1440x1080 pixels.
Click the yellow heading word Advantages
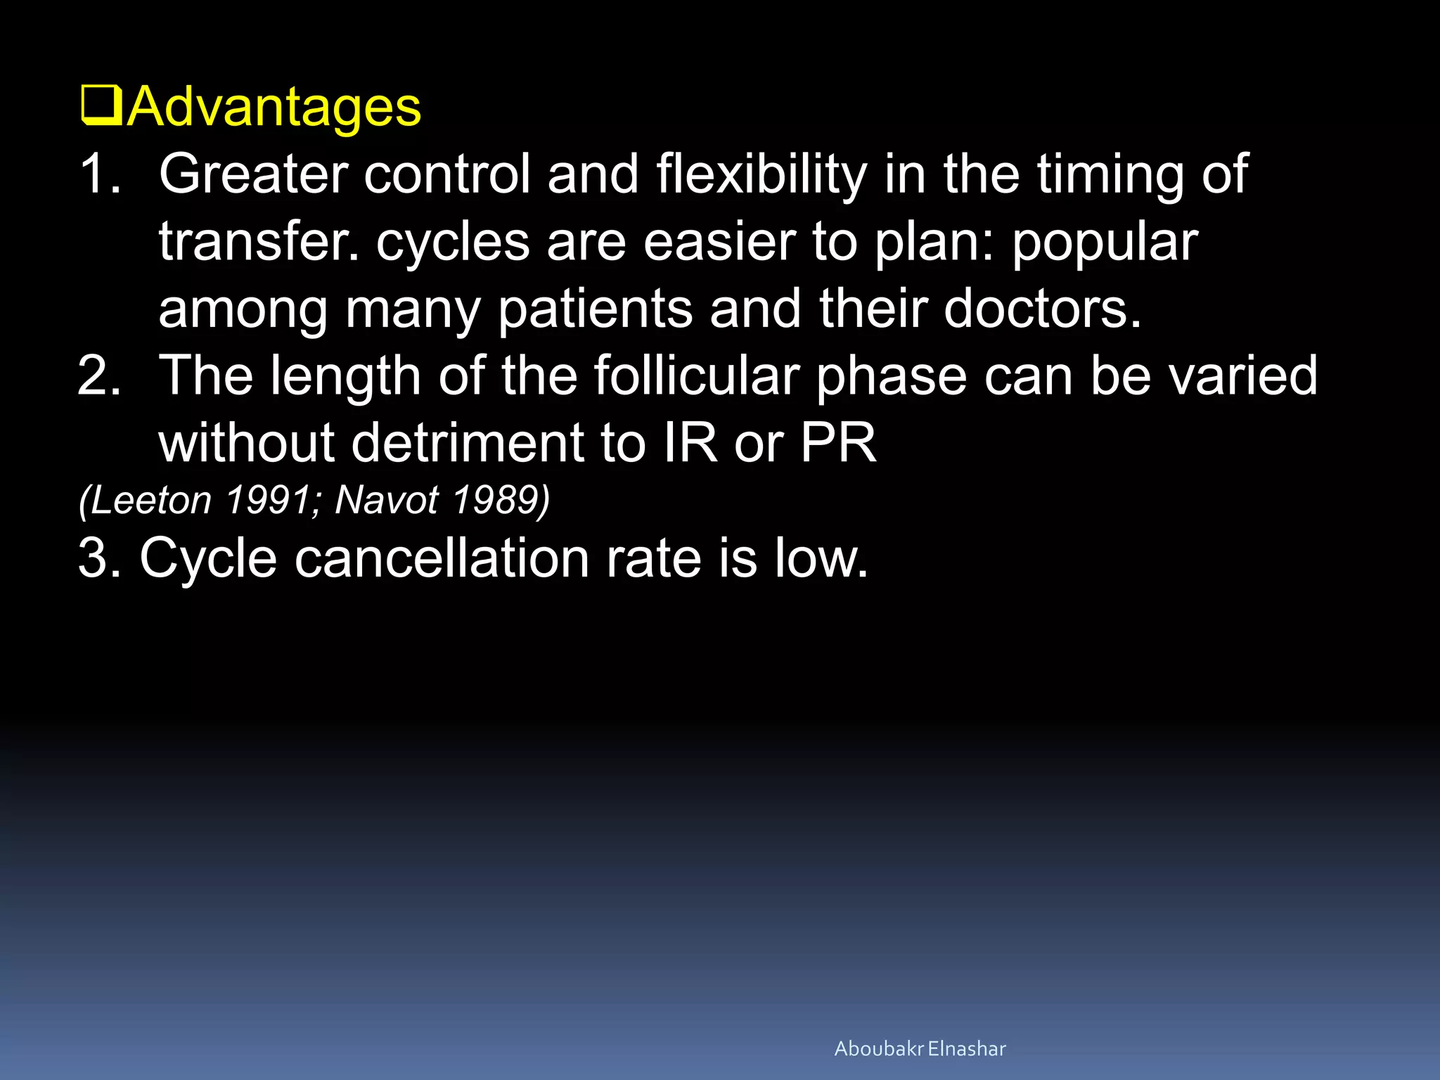274,108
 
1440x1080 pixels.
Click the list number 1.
99,174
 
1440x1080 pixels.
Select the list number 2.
99,376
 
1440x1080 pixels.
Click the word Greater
253,174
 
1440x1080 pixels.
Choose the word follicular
697,376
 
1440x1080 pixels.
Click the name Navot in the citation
387,501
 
